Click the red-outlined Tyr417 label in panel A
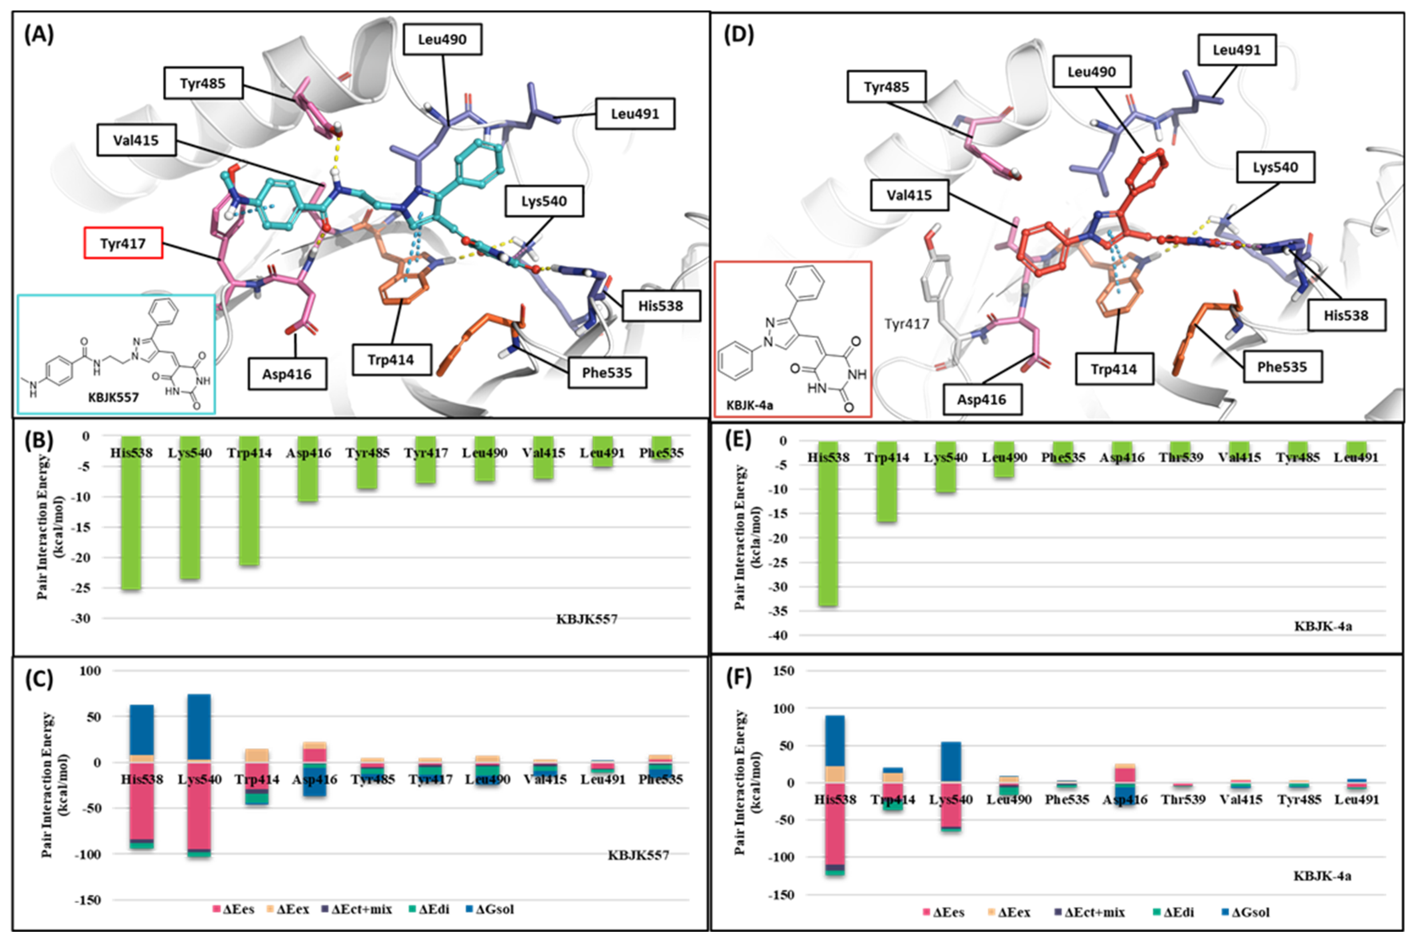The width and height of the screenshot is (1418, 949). click(x=123, y=243)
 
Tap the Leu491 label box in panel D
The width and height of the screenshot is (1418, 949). click(x=1237, y=49)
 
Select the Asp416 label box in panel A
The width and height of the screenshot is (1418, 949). click(x=287, y=374)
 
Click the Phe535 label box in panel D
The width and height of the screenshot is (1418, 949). click(x=1282, y=367)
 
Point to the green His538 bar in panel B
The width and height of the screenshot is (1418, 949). click(x=131, y=514)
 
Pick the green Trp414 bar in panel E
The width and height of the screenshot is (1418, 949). click(x=887, y=484)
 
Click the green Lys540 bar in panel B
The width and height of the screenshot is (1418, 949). click(x=190, y=508)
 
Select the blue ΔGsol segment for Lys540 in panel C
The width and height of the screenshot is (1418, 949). click(x=199, y=726)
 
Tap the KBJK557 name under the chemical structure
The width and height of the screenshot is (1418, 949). click(x=114, y=397)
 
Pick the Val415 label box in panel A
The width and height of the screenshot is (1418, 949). click(x=136, y=140)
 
